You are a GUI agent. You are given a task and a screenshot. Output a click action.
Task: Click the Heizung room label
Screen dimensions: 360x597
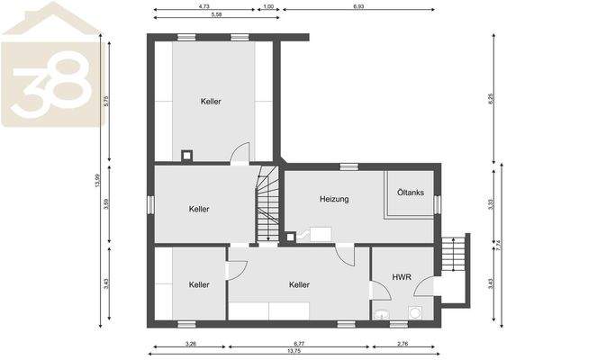coord(334,199)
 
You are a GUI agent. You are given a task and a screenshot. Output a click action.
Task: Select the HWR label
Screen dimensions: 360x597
coord(402,278)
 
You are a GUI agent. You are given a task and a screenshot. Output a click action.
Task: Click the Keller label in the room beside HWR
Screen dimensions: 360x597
coord(300,284)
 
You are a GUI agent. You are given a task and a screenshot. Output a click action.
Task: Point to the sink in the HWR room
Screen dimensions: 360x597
coord(384,314)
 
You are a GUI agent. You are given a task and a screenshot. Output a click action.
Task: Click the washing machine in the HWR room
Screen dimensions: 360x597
coord(416,312)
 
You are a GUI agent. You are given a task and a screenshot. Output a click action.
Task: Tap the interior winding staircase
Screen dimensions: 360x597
coord(268,207)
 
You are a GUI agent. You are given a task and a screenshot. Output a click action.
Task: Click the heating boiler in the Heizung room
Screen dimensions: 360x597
coord(320,235)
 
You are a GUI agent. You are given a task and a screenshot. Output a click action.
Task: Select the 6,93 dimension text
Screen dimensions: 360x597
coord(358,6)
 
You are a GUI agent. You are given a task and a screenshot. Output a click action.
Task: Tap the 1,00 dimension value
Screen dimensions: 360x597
coord(268,6)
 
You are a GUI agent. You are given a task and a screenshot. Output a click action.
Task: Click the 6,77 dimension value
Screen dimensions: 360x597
coord(299,343)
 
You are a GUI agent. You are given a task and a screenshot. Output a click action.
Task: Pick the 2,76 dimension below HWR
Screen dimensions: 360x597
coord(403,343)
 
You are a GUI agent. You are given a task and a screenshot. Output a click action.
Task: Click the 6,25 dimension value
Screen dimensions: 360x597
coord(491,99)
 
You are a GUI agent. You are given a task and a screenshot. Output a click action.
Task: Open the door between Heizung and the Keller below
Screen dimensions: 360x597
coord(345,254)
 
